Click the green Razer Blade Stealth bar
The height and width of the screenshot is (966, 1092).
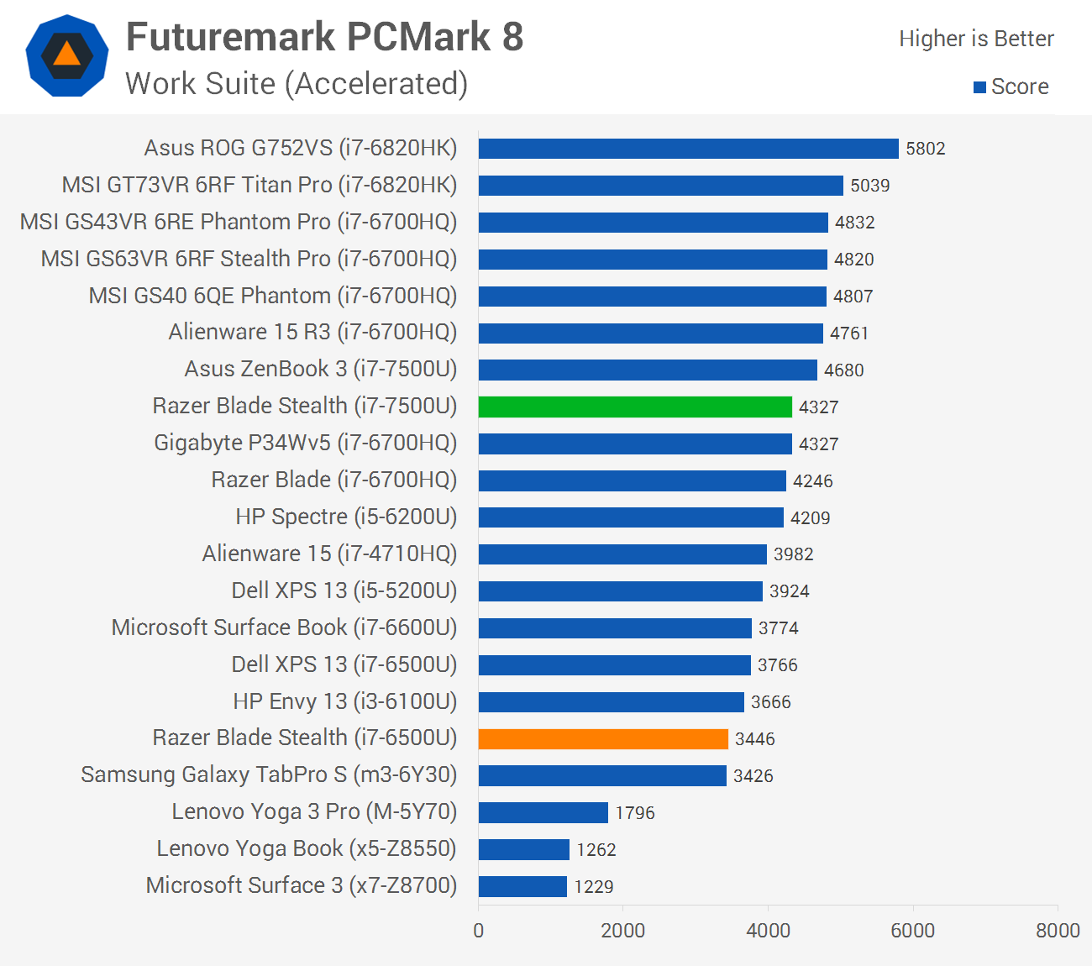point(635,407)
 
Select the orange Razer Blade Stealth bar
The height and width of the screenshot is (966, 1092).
point(603,738)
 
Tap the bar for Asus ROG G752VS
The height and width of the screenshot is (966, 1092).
point(688,149)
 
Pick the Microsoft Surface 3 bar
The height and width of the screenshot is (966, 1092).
point(522,886)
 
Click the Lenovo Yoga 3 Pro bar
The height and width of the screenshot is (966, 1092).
point(543,812)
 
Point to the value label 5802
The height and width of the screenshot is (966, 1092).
point(925,149)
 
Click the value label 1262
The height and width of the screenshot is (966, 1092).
point(596,849)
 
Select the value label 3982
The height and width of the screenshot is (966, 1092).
point(793,554)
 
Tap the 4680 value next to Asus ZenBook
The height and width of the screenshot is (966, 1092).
point(843,370)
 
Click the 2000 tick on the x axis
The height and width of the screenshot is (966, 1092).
point(623,930)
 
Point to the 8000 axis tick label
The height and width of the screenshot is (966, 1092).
point(1058,930)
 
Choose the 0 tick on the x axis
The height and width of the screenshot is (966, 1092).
point(479,930)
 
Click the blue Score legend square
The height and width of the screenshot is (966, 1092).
point(979,87)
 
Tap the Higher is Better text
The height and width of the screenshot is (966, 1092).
point(976,39)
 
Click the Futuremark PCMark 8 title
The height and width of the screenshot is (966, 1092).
point(324,37)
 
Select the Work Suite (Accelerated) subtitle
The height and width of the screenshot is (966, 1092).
point(297,84)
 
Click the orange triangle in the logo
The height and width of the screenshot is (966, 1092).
point(67,55)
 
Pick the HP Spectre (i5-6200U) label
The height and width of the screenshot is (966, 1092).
point(346,517)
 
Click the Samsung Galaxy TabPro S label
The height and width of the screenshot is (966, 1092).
point(269,774)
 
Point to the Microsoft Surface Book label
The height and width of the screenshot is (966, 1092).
point(284,627)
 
